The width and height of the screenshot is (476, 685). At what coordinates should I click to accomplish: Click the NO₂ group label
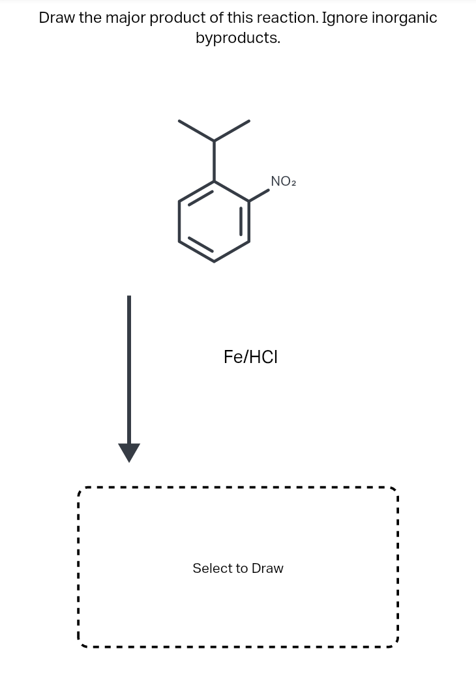(x=283, y=181)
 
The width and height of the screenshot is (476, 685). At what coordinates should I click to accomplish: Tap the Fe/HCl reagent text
(x=250, y=357)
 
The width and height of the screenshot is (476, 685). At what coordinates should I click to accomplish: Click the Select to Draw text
(x=238, y=568)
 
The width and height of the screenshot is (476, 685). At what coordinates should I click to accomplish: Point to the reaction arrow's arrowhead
(x=129, y=452)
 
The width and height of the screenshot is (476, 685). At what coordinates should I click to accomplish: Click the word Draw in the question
(x=57, y=18)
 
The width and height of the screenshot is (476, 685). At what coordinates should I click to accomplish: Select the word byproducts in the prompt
(x=238, y=38)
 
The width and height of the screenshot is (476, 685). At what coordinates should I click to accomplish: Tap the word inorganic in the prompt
(x=404, y=18)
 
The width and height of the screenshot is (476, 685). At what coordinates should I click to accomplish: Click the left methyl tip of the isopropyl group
(x=180, y=121)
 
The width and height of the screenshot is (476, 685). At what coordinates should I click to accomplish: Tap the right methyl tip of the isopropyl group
(x=249, y=121)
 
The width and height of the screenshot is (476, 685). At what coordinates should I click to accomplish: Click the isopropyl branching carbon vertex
(x=215, y=140)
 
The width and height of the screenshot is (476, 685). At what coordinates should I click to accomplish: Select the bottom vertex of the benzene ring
(x=215, y=261)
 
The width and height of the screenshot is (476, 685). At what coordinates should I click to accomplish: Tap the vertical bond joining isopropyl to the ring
(x=215, y=160)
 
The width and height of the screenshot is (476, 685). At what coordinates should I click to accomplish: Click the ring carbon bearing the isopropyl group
(x=215, y=181)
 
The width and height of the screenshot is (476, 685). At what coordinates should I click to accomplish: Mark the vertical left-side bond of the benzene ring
(x=179, y=222)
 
